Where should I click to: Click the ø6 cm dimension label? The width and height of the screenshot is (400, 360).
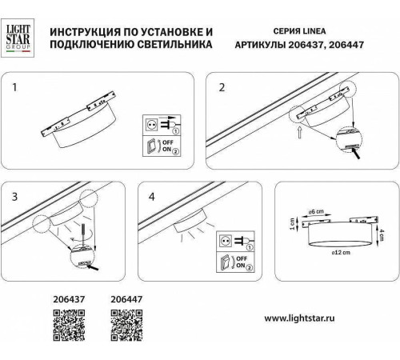tap(316, 211)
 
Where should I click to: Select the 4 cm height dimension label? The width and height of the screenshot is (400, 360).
tap(383, 234)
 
